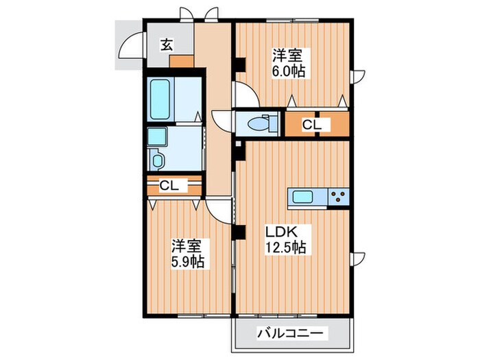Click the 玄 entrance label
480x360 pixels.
[167, 45]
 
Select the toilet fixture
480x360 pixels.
[260, 124]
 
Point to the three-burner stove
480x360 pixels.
[338, 197]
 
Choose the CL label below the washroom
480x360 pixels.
[169, 185]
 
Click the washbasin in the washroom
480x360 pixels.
[156, 136]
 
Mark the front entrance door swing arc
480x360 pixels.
[128, 48]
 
